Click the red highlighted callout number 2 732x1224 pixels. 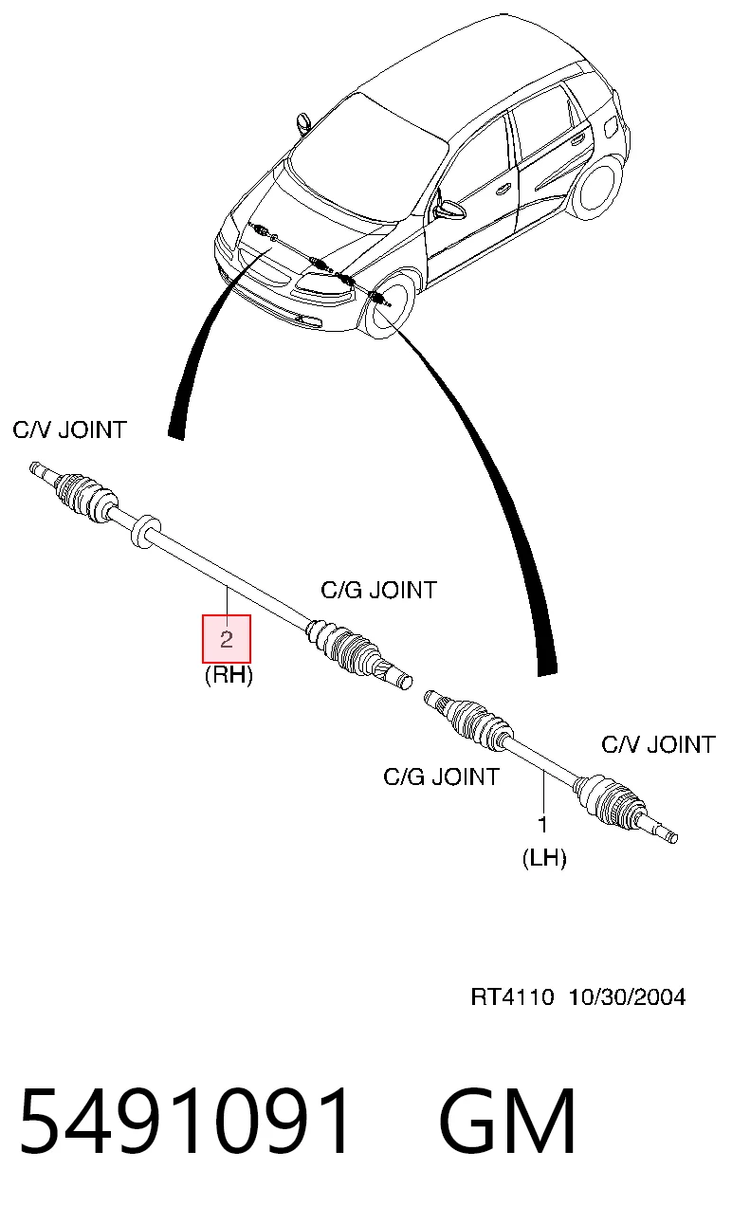(x=227, y=639)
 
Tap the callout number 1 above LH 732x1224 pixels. (x=542, y=824)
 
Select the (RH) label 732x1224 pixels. (x=229, y=676)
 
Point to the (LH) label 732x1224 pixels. (x=544, y=858)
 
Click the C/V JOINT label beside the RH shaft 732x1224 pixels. (x=69, y=430)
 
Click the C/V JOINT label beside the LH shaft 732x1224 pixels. (x=658, y=744)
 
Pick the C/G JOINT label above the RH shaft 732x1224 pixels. (x=379, y=590)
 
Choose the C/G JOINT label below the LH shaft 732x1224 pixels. (x=441, y=777)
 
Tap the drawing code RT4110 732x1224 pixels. (x=512, y=997)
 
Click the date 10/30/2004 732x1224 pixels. (x=627, y=997)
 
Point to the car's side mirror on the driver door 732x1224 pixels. (x=447, y=210)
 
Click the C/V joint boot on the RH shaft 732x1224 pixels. (x=84, y=495)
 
